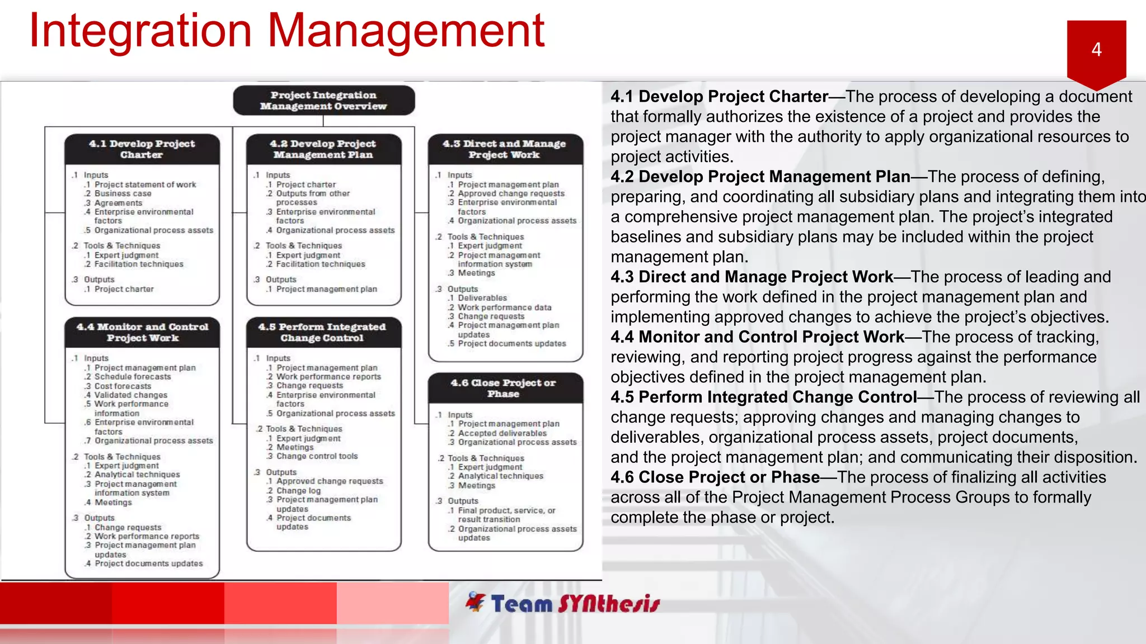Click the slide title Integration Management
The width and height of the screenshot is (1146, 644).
pyautogui.click(x=286, y=31)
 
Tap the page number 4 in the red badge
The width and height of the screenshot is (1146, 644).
pyautogui.click(x=1096, y=50)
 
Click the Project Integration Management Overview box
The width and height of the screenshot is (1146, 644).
pyautogui.click(x=323, y=101)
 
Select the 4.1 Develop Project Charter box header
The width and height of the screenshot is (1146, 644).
pyautogui.click(x=142, y=149)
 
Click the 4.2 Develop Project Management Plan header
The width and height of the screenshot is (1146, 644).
pyautogui.click(x=323, y=149)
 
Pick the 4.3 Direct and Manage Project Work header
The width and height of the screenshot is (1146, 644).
pyautogui.click(x=505, y=149)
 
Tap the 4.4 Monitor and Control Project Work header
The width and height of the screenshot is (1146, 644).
pyautogui.click(x=142, y=333)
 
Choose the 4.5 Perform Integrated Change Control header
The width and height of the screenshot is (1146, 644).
pyautogui.click(x=322, y=333)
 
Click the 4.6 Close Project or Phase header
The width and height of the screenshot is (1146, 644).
pyautogui.click(x=504, y=389)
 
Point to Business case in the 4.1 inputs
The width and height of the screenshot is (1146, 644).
pyautogui.click(x=123, y=193)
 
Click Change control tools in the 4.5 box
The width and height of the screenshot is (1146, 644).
pyautogui.click(x=317, y=456)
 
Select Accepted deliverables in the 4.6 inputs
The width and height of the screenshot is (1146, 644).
pyautogui.click(x=502, y=433)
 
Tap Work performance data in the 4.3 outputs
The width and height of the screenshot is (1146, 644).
pyautogui.click(x=504, y=307)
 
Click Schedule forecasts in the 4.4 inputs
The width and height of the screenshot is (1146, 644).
pyautogui.click(x=133, y=377)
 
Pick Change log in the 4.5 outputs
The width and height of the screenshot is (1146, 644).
pyautogui.click(x=298, y=490)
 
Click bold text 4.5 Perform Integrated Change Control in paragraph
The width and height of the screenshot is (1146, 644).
pyautogui.click(x=763, y=397)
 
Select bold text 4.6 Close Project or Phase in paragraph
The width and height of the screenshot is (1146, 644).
pyautogui.click(x=715, y=477)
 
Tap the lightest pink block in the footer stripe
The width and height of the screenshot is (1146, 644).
pyautogui.click(x=392, y=603)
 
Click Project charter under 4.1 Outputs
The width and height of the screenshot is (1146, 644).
pyautogui.click(x=124, y=289)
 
